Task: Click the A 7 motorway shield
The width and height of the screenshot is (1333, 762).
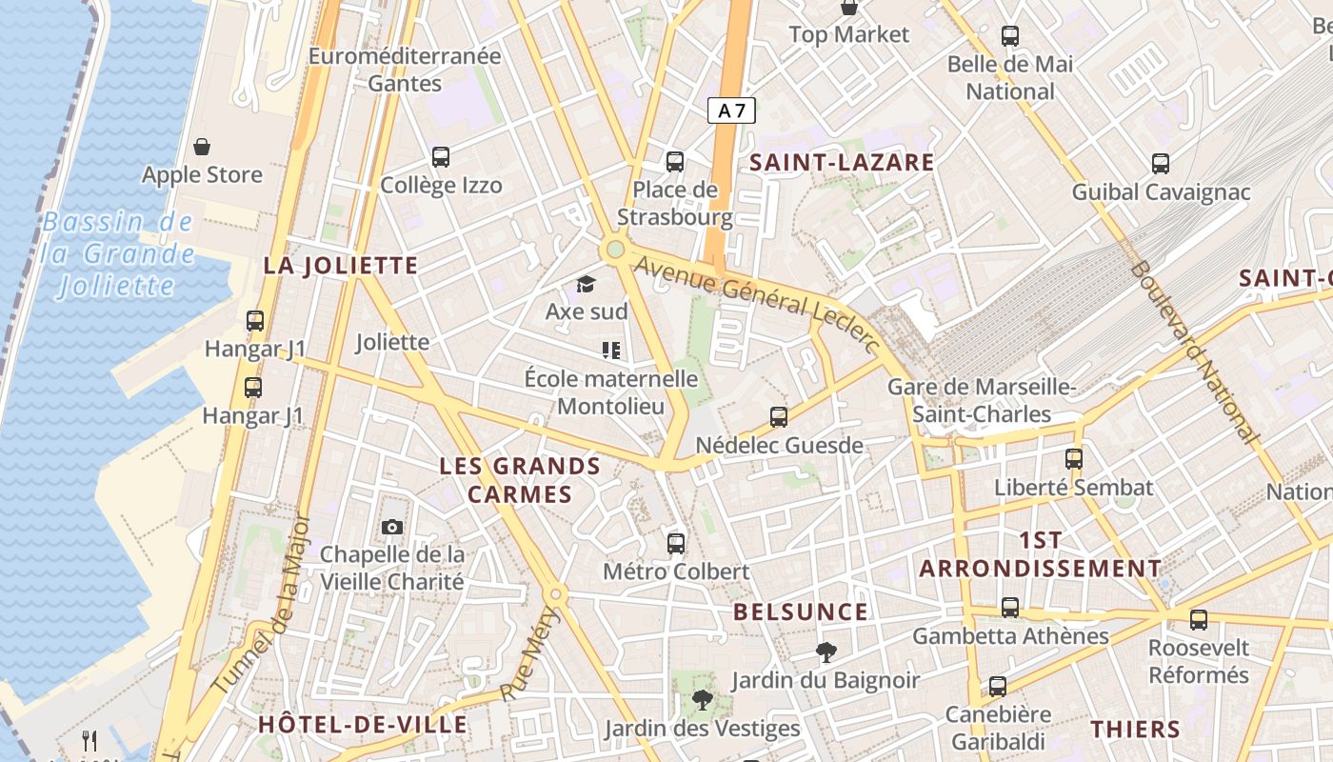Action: pos(731,110)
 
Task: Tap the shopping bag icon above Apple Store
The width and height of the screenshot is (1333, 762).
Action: pos(202,147)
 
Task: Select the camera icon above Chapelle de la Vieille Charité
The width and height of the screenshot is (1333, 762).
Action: pos(391,527)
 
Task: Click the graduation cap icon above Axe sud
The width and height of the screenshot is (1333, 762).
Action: pos(586,284)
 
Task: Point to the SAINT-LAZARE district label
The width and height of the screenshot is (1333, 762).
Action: pos(842,162)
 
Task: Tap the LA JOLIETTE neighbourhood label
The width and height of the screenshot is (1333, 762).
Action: pos(341,265)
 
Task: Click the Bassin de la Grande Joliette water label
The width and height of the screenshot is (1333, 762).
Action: pos(118,253)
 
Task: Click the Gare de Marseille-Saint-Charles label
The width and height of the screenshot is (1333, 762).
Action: pos(982,400)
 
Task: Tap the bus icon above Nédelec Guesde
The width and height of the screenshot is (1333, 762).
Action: pos(779,417)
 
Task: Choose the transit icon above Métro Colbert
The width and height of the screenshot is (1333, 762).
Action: pos(676,544)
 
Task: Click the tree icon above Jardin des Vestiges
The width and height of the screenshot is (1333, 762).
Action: pos(703,701)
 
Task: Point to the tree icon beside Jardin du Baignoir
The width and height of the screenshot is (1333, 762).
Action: pos(826,652)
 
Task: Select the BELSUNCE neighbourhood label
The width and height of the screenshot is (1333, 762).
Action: pos(801,612)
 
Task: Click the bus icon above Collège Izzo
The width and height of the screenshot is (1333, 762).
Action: pos(441,157)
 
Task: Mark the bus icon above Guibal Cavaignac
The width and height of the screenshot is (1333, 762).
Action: pos(1161,164)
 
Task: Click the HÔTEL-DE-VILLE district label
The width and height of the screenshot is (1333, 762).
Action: pos(363,724)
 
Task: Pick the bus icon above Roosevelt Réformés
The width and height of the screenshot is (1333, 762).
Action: pos(1198,620)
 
